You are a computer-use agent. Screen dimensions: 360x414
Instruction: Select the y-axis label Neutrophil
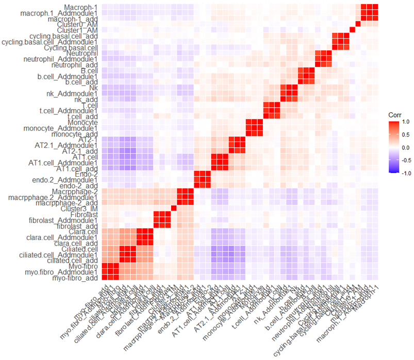pyautogui.click(x=82, y=54)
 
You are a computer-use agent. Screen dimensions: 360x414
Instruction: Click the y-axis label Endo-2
pyautogui.click(x=86, y=174)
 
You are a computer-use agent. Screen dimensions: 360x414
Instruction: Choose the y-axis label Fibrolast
pyautogui.click(x=85, y=214)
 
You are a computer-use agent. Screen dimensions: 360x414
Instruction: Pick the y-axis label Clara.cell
pyautogui.click(x=85, y=232)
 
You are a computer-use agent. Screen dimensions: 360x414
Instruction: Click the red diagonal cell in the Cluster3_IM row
pyautogui.click(x=173, y=208)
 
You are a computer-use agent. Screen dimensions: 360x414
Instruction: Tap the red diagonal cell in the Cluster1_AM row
pyautogui.click(x=352, y=30)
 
